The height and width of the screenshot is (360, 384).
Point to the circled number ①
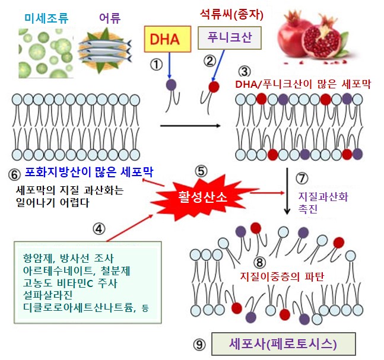tap(156, 65)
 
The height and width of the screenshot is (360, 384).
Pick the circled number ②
tap(210, 60)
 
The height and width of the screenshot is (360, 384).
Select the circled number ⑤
tap(201, 171)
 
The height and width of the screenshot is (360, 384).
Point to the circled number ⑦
tap(302, 178)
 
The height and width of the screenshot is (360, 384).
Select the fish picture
tap(106, 49)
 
